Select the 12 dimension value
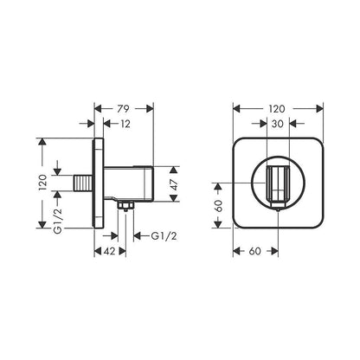point(127,124)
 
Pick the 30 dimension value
point(278,124)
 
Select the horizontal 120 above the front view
point(278,109)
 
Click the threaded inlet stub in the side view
point(83,183)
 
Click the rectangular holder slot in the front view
point(278,183)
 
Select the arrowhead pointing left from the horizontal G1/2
point(135,237)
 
